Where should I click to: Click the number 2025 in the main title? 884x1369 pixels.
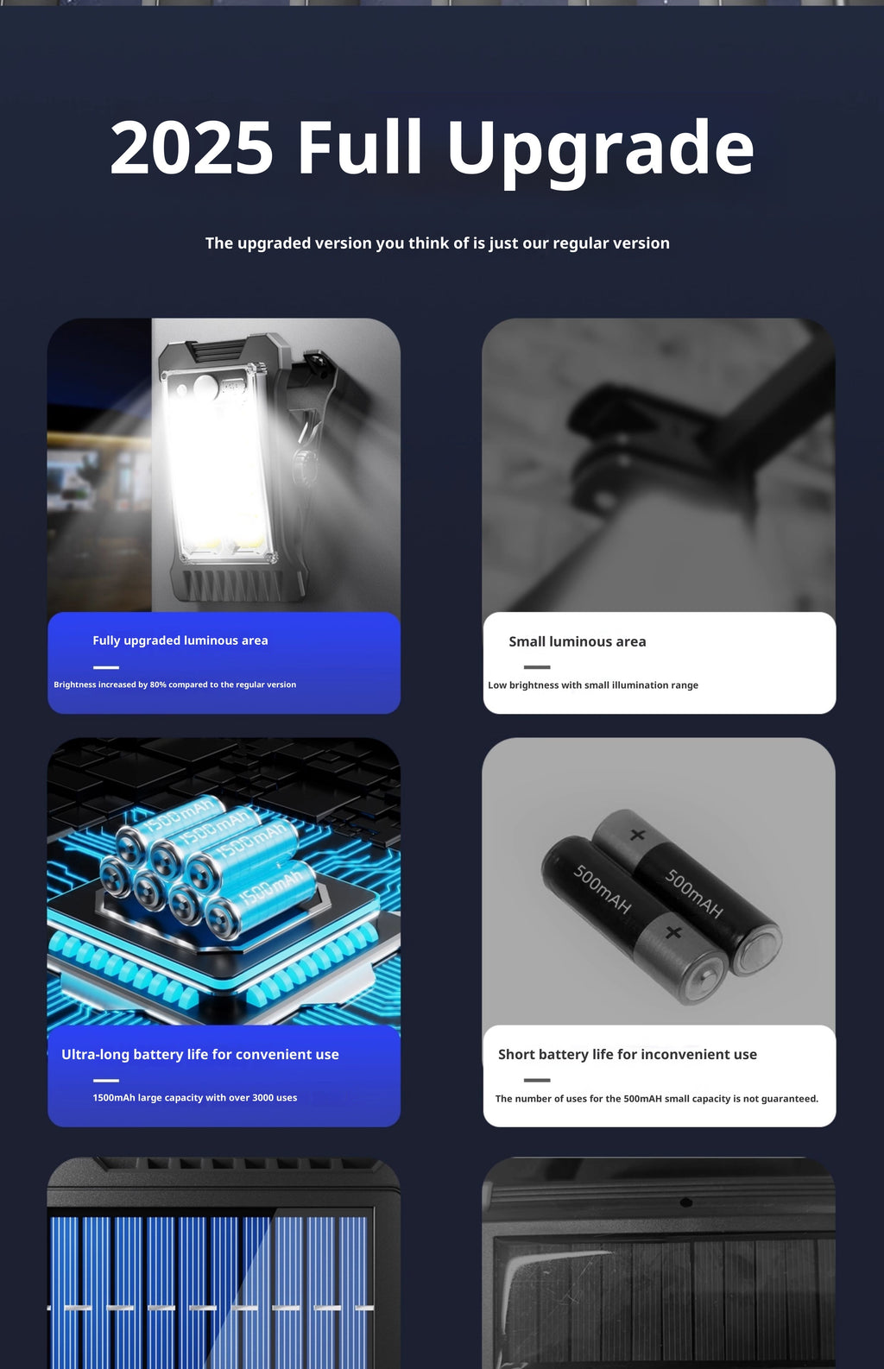(x=192, y=148)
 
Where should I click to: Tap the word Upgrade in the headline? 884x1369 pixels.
(x=600, y=152)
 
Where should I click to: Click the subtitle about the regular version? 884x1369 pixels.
(x=437, y=243)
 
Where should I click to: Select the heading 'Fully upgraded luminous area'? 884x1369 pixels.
(x=180, y=640)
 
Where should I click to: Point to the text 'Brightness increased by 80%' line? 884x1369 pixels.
(x=175, y=684)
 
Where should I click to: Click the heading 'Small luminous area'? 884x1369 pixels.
(x=578, y=641)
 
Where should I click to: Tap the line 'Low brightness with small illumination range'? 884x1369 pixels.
(x=593, y=685)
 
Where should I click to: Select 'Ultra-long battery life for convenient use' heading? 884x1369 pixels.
(x=200, y=1054)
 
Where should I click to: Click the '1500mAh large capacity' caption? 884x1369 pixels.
(x=195, y=1098)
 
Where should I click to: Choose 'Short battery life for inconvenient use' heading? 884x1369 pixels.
(x=628, y=1054)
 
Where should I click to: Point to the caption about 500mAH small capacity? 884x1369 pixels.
(x=657, y=1099)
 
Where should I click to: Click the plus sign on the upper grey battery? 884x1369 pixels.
(x=638, y=835)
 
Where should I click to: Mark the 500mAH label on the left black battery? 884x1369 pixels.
(x=602, y=889)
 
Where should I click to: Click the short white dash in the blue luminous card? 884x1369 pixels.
(x=106, y=667)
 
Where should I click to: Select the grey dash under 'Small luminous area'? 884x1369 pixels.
(x=537, y=667)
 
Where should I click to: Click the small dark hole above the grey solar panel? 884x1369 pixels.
(x=686, y=1202)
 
